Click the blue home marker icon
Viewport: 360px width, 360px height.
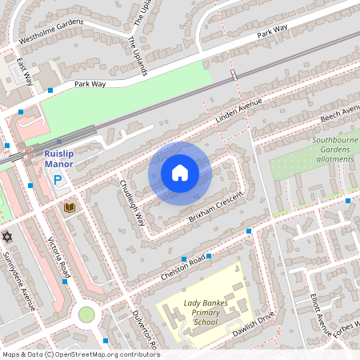tap(180, 172)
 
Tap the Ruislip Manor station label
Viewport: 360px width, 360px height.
tap(58, 158)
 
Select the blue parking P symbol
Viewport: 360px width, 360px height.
tap(57, 182)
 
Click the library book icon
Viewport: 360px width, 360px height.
tap(69, 207)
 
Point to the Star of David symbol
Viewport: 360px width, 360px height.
tap(8, 237)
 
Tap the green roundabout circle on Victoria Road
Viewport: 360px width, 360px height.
tap(86, 314)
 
